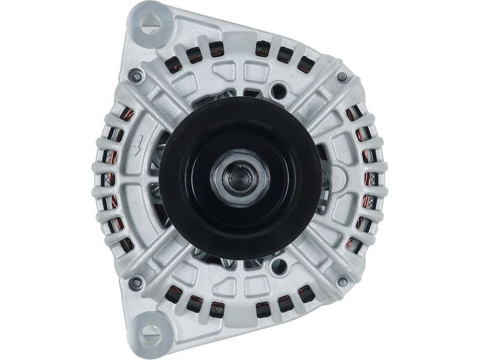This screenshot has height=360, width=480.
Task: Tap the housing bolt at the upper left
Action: pos(136,77)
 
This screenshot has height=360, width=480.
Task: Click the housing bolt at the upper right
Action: pos(342,77)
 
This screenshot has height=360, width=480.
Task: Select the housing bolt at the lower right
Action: pos(343,281)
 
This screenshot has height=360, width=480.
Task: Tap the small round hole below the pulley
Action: pos(278,265)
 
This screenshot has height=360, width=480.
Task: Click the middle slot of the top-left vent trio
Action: pos(194,55)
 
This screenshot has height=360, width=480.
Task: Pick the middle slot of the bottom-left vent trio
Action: pos(195,304)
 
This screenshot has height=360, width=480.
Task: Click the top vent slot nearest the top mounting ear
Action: pos(175,64)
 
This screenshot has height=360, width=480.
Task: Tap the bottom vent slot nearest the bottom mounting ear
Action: pos(175,295)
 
